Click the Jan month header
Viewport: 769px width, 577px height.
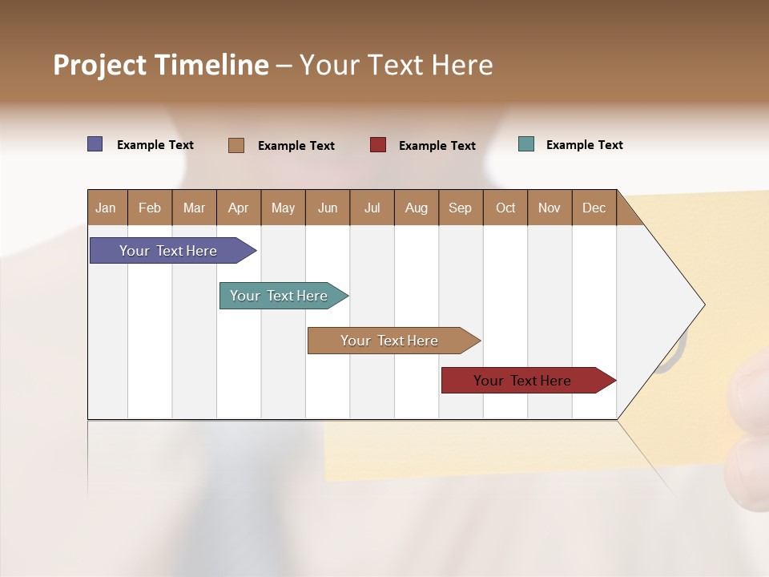(107, 208)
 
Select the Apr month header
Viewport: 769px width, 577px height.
(239, 208)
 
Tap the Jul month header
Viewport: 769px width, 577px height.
(372, 208)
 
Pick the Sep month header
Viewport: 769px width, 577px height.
(461, 208)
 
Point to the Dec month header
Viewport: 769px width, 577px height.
(594, 208)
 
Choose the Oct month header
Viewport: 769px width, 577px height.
(505, 208)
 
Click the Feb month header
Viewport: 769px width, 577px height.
(150, 208)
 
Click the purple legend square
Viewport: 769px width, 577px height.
(95, 144)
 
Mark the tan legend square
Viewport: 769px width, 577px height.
(236, 145)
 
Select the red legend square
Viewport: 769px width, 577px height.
(378, 145)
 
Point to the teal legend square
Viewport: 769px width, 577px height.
(526, 144)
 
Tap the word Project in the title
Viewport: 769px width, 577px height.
(99, 65)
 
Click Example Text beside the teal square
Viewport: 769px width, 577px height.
(584, 145)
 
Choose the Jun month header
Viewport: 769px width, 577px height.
(328, 208)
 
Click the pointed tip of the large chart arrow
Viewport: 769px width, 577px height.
(703, 305)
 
